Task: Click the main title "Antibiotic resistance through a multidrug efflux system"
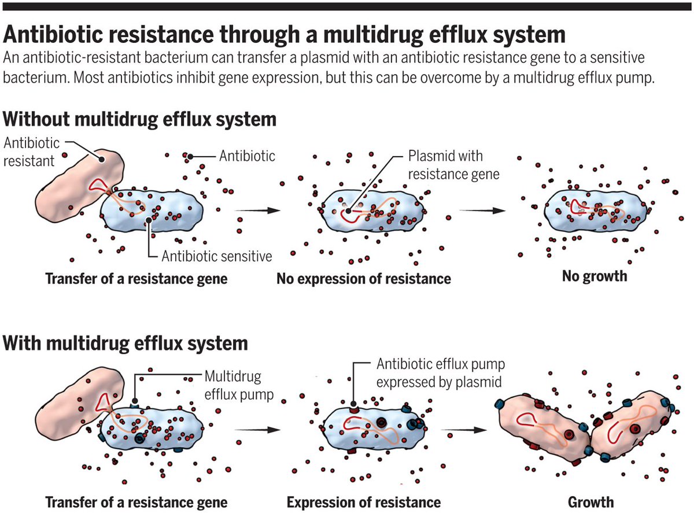[x=284, y=35]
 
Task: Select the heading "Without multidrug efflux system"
[x=139, y=120]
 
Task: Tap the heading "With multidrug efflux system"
[x=125, y=344]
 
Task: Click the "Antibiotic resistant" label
[x=29, y=151]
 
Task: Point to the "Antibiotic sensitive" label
[x=217, y=256]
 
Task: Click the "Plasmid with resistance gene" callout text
[x=453, y=164]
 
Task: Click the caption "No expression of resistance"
[x=363, y=279]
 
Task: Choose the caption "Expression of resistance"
[x=364, y=501]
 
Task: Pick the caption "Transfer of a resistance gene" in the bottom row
[x=136, y=501]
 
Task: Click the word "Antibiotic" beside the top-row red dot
[x=247, y=156]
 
